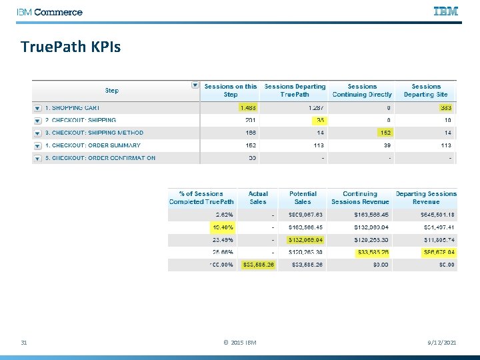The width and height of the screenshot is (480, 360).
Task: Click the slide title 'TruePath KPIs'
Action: coord(71,47)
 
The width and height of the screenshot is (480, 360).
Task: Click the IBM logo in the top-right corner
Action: coord(445,11)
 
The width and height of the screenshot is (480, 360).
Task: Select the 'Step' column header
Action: coord(111,91)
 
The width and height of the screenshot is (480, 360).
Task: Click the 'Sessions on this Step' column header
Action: coord(230,91)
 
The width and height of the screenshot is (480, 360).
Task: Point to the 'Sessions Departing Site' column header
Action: coord(425,91)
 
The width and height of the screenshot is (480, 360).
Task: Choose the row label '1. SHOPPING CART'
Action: coord(73,107)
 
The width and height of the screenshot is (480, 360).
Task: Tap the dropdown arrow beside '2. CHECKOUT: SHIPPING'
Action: coord(37,121)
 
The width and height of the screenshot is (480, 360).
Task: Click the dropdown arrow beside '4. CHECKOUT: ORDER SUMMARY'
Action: coord(37,146)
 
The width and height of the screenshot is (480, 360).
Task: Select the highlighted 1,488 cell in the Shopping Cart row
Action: coord(248,107)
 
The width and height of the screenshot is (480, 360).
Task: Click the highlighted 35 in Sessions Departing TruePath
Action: coord(319,120)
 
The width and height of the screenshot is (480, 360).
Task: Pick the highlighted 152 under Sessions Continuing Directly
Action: coord(385,133)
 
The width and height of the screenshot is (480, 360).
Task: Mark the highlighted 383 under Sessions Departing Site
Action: coord(445,107)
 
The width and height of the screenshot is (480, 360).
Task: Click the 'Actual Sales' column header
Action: coord(258,197)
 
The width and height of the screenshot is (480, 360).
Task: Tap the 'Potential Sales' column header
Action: coord(303,197)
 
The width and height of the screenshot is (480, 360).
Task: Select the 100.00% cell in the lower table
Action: coord(221,265)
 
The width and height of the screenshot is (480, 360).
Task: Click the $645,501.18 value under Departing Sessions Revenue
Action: coord(434,215)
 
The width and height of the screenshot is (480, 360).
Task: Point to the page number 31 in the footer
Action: coord(24,343)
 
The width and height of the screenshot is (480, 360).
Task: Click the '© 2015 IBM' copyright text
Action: coord(239,343)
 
